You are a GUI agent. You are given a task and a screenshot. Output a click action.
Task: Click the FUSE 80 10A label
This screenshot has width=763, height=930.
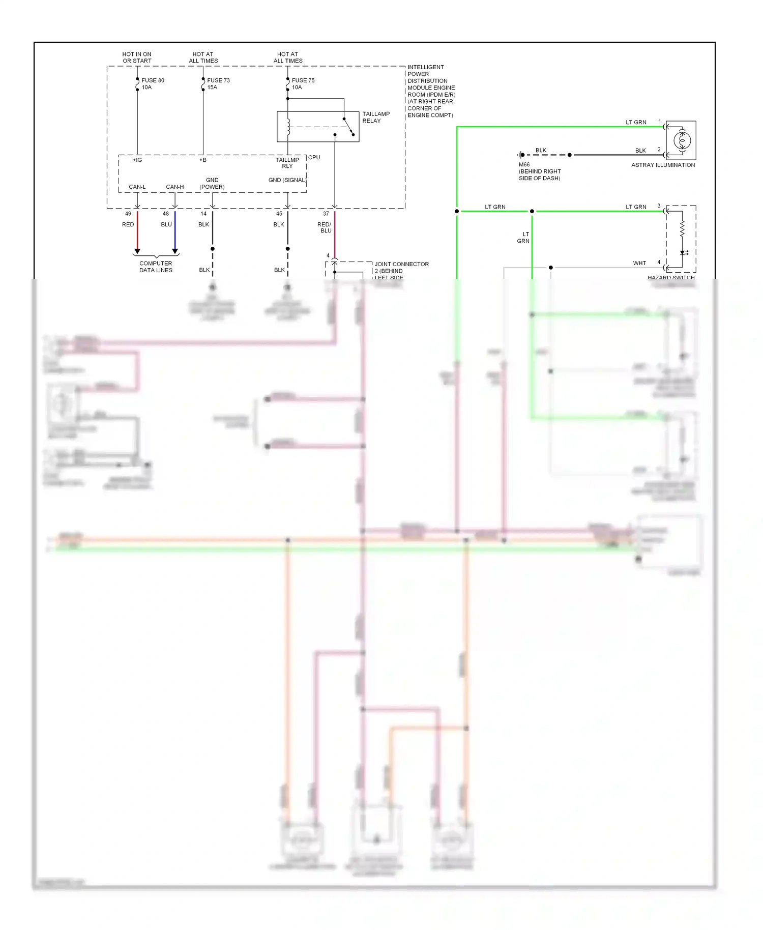pyautogui.click(x=152, y=83)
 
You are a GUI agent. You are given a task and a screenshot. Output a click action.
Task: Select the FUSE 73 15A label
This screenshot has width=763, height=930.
pyautogui.click(x=218, y=83)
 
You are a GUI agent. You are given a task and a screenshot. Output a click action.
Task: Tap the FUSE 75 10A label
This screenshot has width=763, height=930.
pyautogui.click(x=303, y=83)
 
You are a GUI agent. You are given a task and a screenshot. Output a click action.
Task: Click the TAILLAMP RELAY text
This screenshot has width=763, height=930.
pyautogui.click(x=375, y=117)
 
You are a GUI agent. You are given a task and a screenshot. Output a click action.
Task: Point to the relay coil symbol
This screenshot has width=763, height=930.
pyautogui.click(x=288, y=127)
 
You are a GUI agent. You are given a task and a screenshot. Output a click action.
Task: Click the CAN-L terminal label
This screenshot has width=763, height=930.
pyautogui.click(x=137, y=187)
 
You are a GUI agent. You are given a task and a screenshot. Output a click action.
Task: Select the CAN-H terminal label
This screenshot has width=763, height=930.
pyautogui.click(x=174, y=187)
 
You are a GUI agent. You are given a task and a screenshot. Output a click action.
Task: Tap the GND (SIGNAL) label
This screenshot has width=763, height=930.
pyautogui.click(x=287, y=180)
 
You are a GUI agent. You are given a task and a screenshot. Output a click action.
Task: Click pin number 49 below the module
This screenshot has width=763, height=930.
pyautogui.click(x=128, y=214)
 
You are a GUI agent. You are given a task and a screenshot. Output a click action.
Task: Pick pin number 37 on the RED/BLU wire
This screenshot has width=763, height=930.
pyautogui.click(x=326, y=214)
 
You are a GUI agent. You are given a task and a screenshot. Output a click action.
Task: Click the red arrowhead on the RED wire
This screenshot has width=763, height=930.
pyautogui.click(x=137, y=251)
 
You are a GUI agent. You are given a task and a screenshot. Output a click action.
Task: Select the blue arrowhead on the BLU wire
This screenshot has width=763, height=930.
pyautogui.click(x=175, y=251)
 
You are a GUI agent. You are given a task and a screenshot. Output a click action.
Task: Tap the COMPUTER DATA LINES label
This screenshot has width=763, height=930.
pyautogui.click(x=156, y=267)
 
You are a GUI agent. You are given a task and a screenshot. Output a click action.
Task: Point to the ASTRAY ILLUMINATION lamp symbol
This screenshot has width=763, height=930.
pyautogui.click(x=682, y=140)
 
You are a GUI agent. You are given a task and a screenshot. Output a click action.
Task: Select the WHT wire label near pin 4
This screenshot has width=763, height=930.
pyautogui.click(x=639, y=263)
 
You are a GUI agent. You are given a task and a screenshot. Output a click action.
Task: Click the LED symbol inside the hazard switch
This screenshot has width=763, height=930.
pyautogui.click(x=683, y=252)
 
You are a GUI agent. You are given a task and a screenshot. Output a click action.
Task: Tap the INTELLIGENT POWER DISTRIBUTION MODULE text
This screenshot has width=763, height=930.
pyautogui.click(x=430, y=91)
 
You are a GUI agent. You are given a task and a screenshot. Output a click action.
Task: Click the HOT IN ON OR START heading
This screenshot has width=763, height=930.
pyautogui.click(x=136, y=57)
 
